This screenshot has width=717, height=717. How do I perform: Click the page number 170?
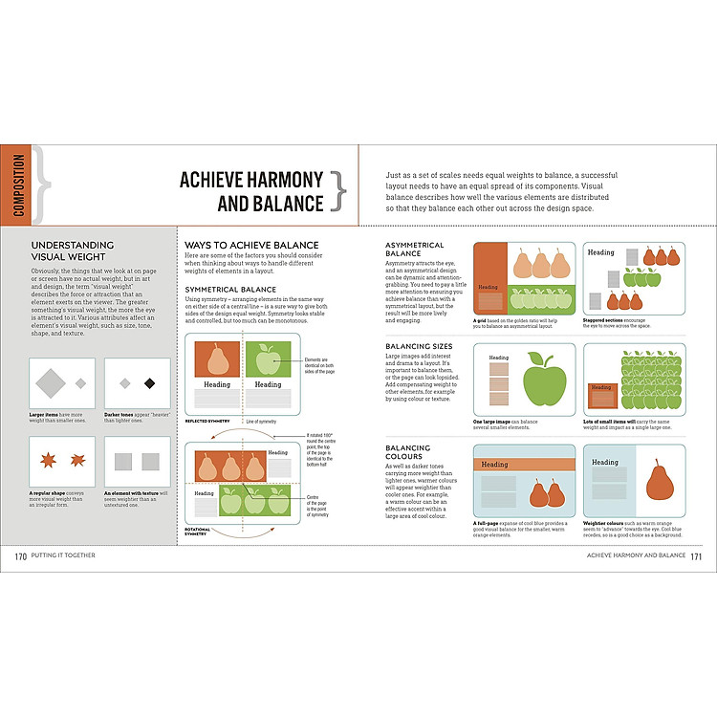(20, 555)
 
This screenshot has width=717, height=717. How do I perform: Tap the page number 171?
(696, 555)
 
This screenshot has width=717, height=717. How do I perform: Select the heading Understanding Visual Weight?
(72, 250)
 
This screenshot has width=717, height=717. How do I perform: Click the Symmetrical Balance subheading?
(230, 289)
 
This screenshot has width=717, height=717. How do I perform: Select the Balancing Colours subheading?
(407, 452)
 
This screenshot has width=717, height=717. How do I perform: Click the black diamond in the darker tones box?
(149, 383)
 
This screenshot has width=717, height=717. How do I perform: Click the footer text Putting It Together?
(64, 555)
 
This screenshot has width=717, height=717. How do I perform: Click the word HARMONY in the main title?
(277, 180)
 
